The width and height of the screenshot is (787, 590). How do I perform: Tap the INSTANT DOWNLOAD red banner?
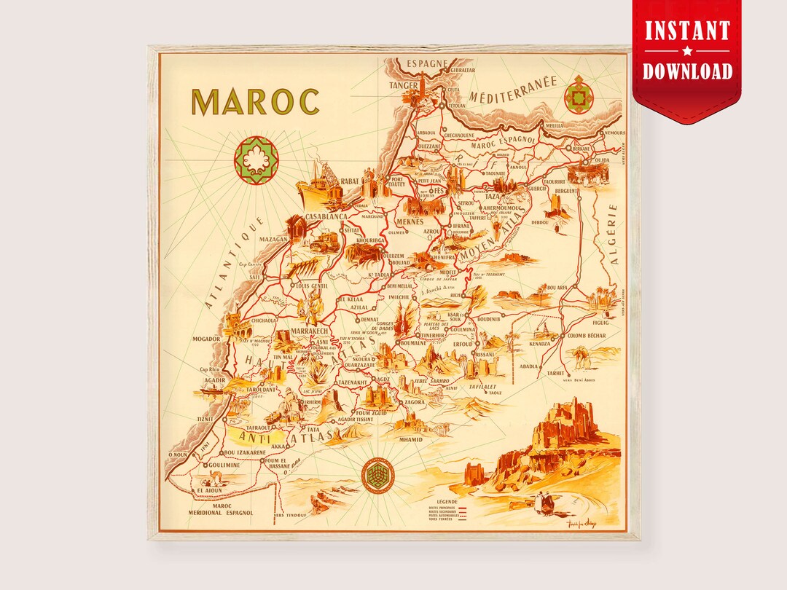pos(687,51)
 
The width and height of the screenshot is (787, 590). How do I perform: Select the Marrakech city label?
pos(311,331)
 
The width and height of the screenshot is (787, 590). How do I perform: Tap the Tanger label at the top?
pos(406,85)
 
